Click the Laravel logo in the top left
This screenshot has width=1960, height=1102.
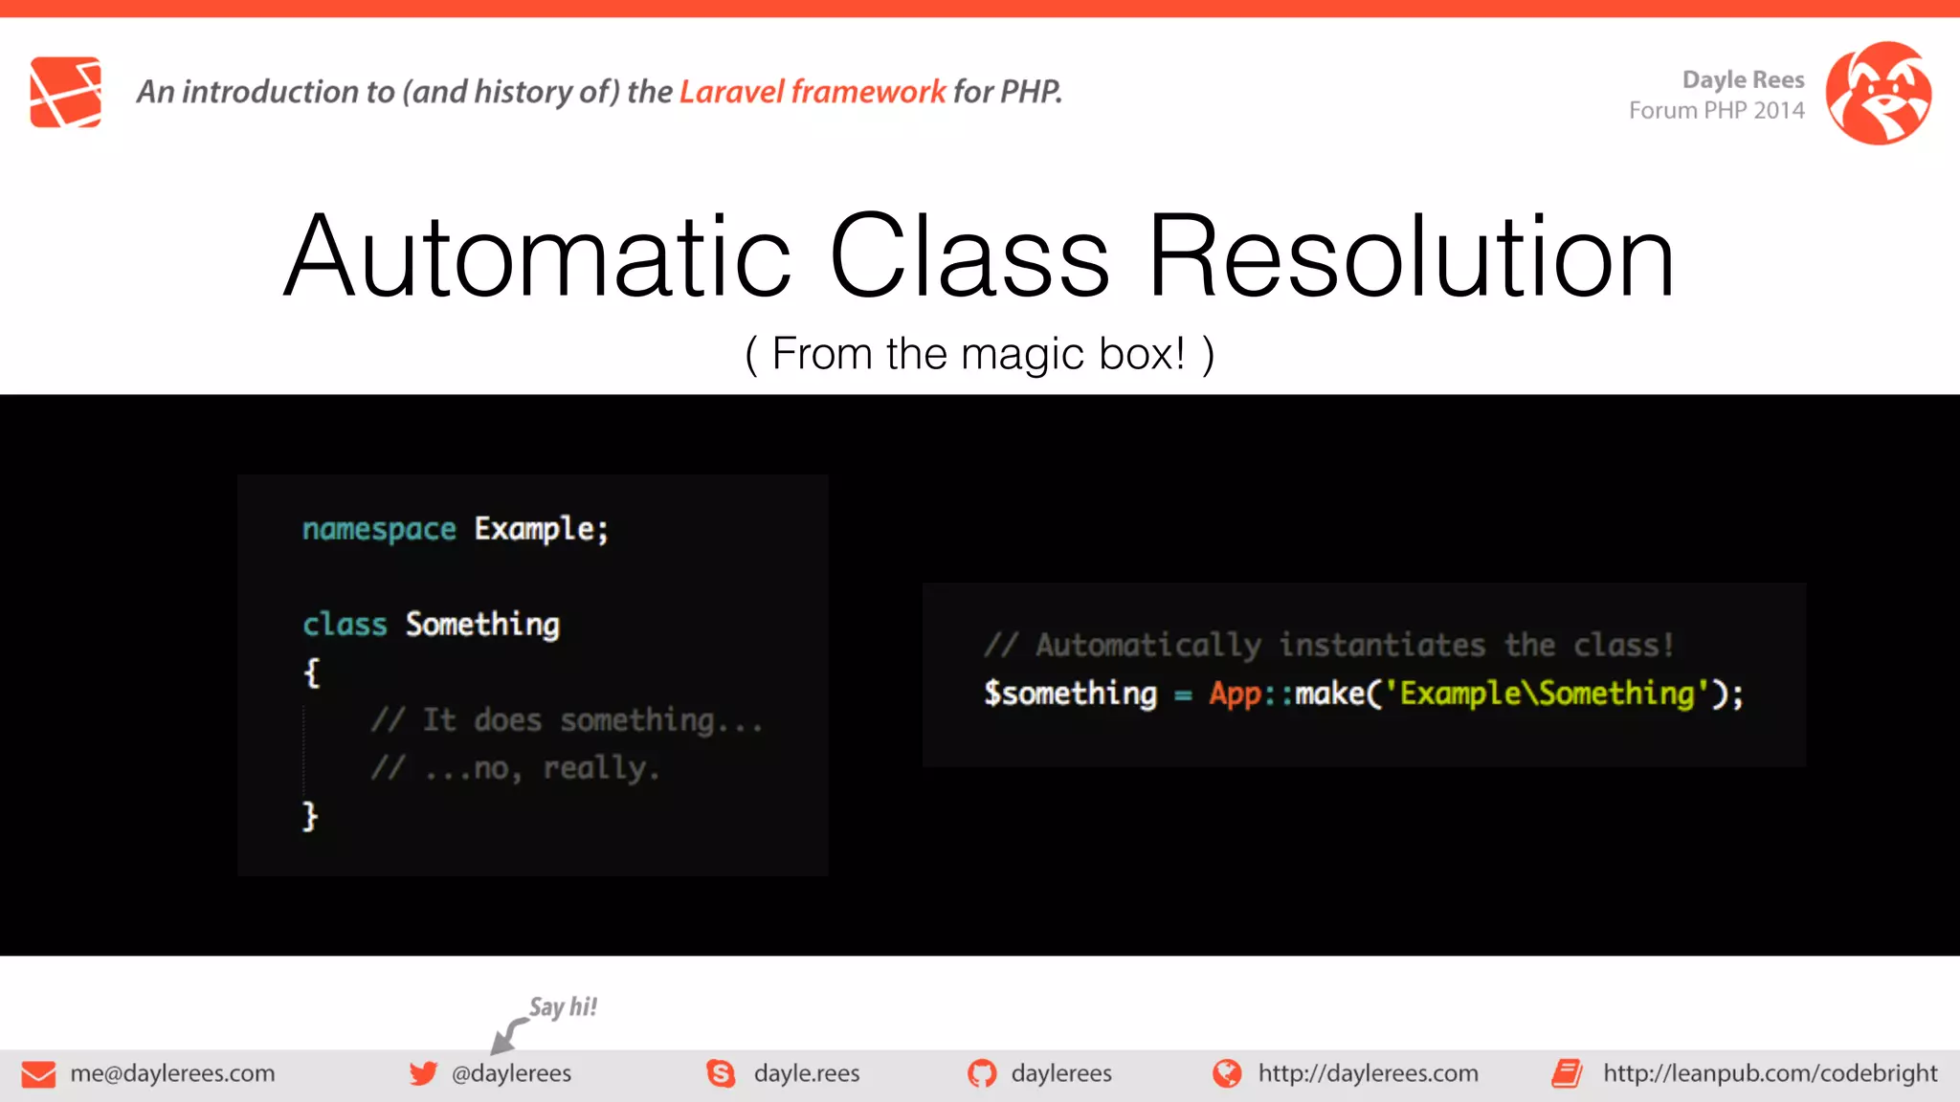click(65, 92)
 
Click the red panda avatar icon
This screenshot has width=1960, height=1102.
click(1878, 93)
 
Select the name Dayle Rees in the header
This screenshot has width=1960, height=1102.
click(1743, 79)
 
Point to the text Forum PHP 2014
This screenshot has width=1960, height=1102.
click(1716, 111)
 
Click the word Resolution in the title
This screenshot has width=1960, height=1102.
click(1411, 256)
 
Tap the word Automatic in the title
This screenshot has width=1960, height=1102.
click(538, 256)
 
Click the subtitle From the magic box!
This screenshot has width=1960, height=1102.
click(979, 354)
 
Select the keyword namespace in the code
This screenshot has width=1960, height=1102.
click(379, 529)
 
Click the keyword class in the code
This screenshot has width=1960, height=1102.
click(345, 625)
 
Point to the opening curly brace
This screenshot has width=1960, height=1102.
click(311, 672)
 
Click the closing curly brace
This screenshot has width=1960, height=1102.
click(309, 816)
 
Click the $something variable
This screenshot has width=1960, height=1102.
click(1070, 694)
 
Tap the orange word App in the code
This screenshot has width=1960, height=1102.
click(1235, 694)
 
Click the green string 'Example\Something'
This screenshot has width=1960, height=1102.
click(1547, 694)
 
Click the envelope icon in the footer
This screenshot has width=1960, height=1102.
click(38, 1074)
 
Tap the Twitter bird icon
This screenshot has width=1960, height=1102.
click(423, 1073)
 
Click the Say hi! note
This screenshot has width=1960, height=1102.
click(563, 1007)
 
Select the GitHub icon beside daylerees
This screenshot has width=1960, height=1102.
click(981, 1073)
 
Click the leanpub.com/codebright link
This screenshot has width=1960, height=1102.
click(1770, 1073)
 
